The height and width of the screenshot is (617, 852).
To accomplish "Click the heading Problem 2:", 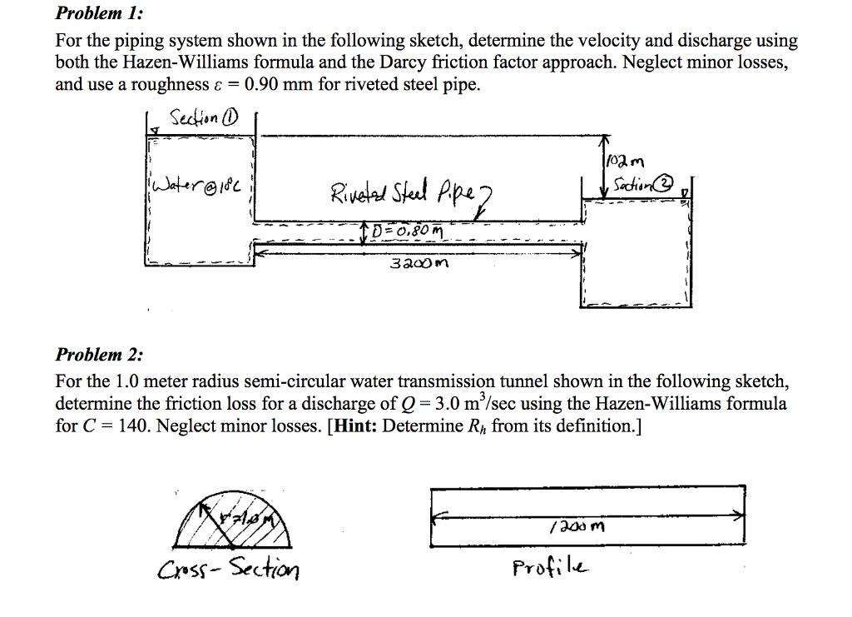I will point(99,355).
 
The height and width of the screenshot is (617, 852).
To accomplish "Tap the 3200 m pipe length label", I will point(418,264).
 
